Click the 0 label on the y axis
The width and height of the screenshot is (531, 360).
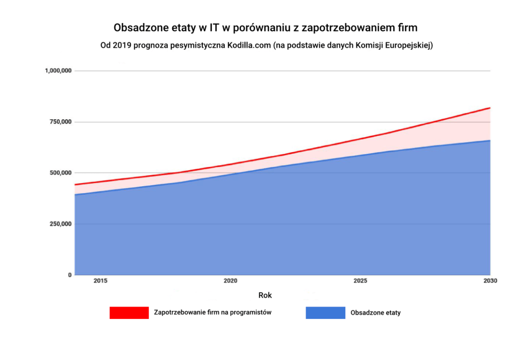[x=69, y=275]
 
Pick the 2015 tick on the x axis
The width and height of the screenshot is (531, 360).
[x=100, y=281]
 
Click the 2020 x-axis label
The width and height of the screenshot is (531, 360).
[x=231, y=281]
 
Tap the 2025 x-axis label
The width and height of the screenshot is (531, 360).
[x=360, y=281]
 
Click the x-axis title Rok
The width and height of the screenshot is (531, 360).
[x=265, y=295]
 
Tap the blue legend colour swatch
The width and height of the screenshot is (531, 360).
[x=325, y=313]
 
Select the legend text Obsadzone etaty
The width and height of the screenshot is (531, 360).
[x=375, y=313]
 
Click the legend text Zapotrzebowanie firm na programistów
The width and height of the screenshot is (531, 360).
[x=213, y=312]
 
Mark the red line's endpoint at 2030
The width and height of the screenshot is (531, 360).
[x=490, y=108]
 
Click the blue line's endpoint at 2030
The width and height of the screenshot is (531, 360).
[x=490, y=140]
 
